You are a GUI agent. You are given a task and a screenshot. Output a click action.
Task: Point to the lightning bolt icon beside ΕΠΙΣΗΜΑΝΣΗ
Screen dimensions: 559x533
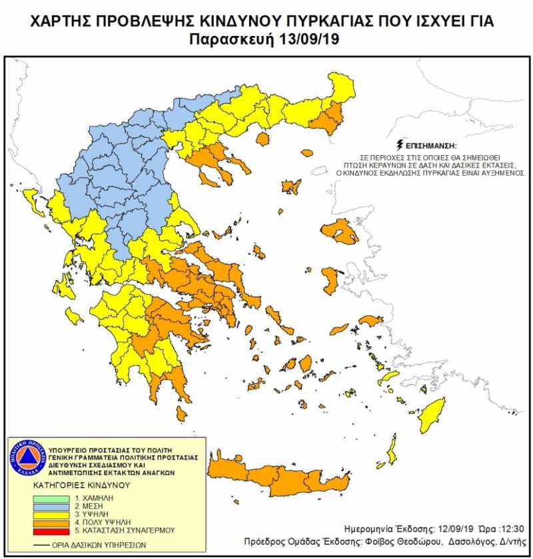399,143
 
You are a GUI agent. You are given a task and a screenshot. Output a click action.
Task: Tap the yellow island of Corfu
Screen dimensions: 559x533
31,198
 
